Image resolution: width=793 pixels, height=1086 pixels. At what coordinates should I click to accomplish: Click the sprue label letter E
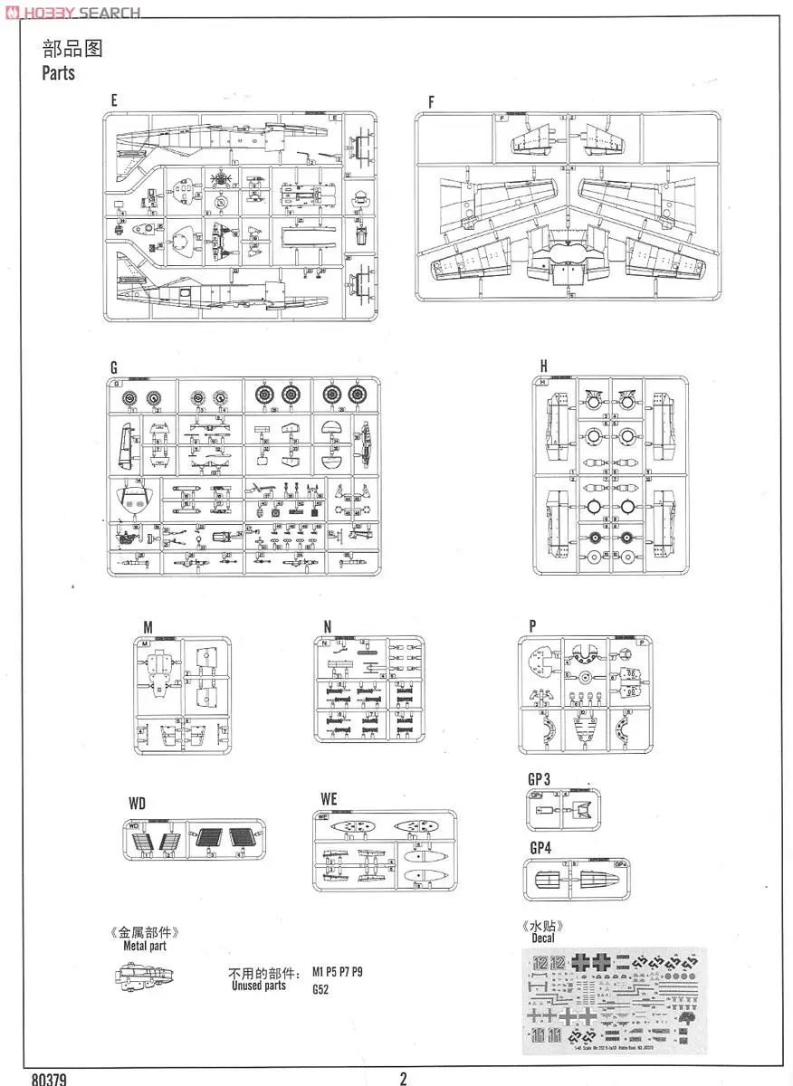point(114,101)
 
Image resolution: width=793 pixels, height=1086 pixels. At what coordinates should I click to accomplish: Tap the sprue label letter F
point(431,102)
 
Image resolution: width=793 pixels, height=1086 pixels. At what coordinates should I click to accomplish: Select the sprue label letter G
point(114,367)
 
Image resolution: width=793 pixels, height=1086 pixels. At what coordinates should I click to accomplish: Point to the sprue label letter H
point(543,366)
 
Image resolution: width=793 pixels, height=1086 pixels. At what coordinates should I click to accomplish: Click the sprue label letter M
point(148,625)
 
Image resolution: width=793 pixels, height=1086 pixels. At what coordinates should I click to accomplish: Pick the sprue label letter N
point(328,625)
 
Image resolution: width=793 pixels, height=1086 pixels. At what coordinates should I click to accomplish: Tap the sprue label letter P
point(533,625)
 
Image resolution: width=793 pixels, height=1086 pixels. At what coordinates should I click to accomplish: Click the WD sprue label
point(137,804)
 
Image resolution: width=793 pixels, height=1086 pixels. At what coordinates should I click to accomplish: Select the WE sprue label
point(329,799)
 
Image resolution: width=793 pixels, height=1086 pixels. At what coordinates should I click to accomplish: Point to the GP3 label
point(540,778)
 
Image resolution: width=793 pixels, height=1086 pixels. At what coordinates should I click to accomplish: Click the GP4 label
point(540,848)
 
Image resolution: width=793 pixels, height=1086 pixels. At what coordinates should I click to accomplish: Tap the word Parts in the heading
point(58,73)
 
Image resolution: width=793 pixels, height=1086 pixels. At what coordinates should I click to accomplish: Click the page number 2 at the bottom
point(403,1077)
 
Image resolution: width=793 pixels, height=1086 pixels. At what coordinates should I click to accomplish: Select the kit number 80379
point(47,1079)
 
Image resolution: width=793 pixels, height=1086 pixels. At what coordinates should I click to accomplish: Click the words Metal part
point(145,946)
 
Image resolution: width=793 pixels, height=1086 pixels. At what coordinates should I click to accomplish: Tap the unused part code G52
point(320,990)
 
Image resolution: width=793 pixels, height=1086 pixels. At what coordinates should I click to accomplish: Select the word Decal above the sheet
point(543,938)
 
